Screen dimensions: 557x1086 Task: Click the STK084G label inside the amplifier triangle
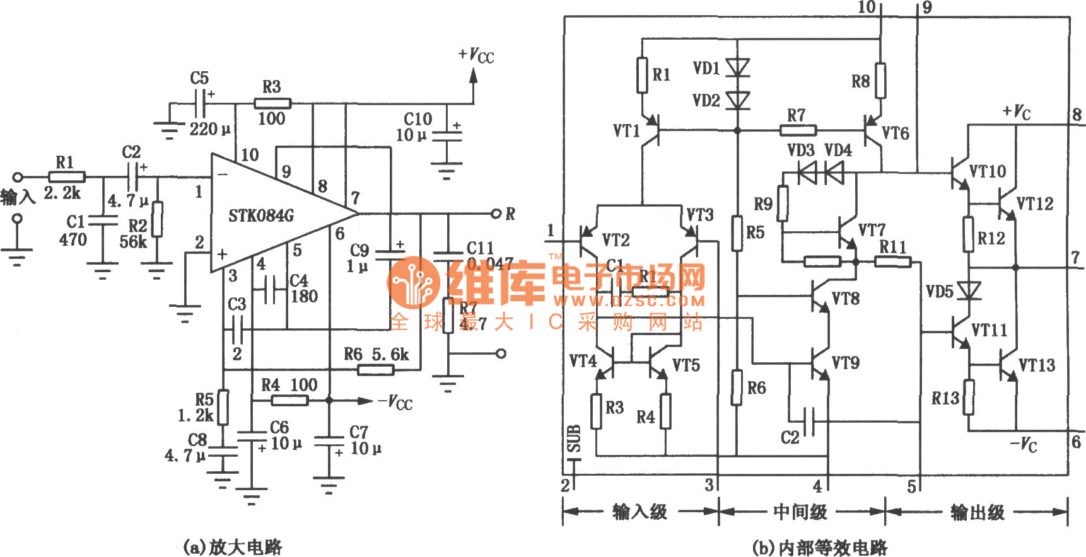[261, 216]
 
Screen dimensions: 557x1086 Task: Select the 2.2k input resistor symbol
[67, 177]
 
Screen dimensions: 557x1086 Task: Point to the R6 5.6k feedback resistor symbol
[376, 369]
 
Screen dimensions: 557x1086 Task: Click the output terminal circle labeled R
[496, 214]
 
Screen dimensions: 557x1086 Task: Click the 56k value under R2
[133, 242]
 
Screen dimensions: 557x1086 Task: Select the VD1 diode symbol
[737, 67]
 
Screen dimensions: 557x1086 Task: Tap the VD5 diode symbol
[969, 291]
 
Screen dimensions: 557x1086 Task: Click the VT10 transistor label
[988, 171]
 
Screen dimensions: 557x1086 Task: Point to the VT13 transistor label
[1037, 365]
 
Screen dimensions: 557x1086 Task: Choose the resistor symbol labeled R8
[880, 81]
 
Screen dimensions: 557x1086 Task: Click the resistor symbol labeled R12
[969, 234]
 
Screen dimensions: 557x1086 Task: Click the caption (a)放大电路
[231, 546]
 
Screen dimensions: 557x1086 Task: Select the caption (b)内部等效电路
[820, 547]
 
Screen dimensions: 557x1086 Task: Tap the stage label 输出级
[978, 512]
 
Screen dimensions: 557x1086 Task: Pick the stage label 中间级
[800, 512]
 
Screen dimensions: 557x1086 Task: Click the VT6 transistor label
[896, 133]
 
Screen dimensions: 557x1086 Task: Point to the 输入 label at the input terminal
[18, 197]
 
